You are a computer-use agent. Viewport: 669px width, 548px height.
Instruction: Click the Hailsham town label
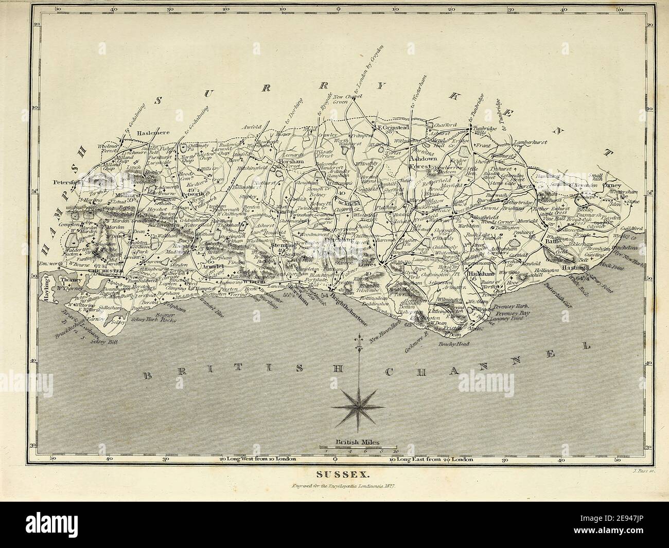482,275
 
